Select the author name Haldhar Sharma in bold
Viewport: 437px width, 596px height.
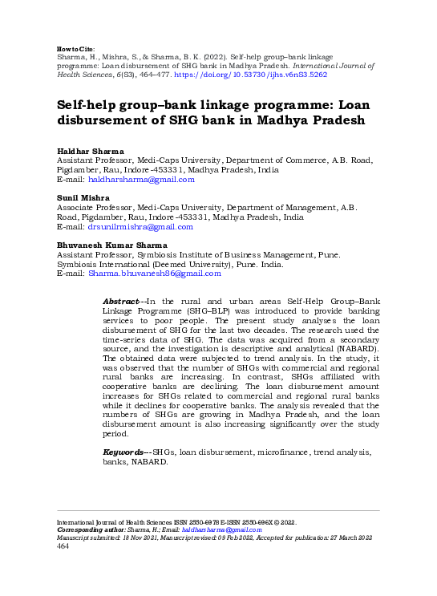[91, 152]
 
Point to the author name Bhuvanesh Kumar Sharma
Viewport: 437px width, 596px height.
[111, 245]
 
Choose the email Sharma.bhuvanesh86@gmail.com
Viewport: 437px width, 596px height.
[154, 274]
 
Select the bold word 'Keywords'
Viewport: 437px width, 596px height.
[125, 453]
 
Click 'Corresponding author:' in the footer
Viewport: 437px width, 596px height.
[92, 530]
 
